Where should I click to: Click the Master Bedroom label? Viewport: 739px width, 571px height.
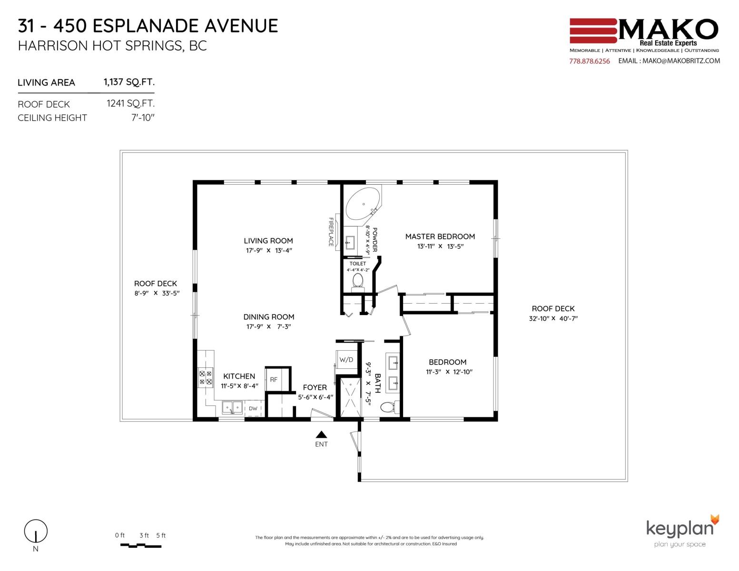pyautogui.click(x=440, y=236)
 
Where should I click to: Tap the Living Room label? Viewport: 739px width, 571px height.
pyautogui.click(x=268, y=241)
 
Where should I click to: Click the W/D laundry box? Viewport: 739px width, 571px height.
pyautogui.click(x=346, y=359)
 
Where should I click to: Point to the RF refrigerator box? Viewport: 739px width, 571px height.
pyautogui.click(x=274, y=380)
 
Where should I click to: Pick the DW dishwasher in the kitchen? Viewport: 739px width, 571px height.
pyautogui.click(x=253, y=408)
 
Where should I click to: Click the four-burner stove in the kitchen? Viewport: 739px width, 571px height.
pyautogui.click(x=206, y=377)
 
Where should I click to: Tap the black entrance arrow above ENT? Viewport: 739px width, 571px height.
pyautogui.click(x=321, y=434)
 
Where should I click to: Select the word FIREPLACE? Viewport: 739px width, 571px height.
pyautogui.click(x=331, y=232)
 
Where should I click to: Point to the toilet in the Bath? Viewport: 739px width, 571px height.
pyautogui.click(x=390, y=407)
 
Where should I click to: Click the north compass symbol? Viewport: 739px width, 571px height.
pyautogui.click(x=36, y=531)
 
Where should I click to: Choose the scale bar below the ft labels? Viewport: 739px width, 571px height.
pyautogui.click(x=141, y=546)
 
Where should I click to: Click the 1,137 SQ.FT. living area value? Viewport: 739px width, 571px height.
pyautogui.click(x=129, y=82)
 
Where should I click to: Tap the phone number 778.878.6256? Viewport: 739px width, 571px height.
pyautogui.click(x=590, y=61)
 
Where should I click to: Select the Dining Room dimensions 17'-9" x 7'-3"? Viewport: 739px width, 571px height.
pyautogui.click(x=269, y=326)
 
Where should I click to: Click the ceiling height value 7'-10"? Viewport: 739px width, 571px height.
pyautogui.click(x=143, y=118)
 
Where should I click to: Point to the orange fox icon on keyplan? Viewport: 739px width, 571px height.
pyautogui.click(x=715, y=520)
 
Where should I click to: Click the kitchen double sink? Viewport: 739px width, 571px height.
pyautogui.click(x=232, y=408)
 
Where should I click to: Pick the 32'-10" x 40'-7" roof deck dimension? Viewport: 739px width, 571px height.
pyautogui.click(x=553, y=318)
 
